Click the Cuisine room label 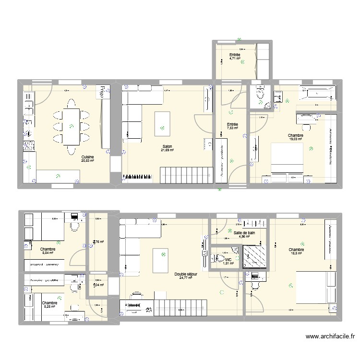[87, 157]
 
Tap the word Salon [167, 146]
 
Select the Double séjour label [186, 273]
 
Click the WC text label [228, 259]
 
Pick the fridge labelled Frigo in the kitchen [103, 92]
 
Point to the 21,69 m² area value [167, 150]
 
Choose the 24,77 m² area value [186, 277]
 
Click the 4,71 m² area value [235, 59]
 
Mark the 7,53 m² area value [233, 128]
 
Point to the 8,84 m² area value [48, 253]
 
